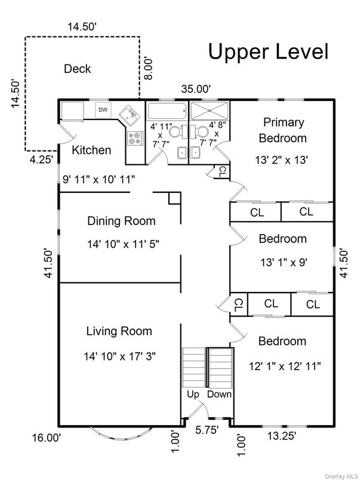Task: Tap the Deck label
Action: click(78, 69)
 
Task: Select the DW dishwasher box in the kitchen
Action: click(103, 110)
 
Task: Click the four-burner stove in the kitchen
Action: click(135, 139)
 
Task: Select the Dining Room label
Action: click(121, 221)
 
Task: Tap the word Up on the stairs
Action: click(193, 395)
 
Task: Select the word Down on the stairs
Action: click(219, 395)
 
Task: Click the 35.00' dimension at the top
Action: click(196, 89)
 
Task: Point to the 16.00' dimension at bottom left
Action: click(46, 438)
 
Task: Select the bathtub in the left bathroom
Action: click(167, 111)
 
